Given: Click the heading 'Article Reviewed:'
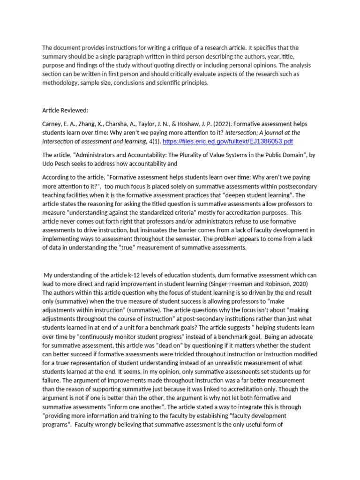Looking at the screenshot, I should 65,110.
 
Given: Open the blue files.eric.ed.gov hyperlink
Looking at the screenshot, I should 228,141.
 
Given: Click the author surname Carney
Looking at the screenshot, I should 53,124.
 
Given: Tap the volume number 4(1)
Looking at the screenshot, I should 151,141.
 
